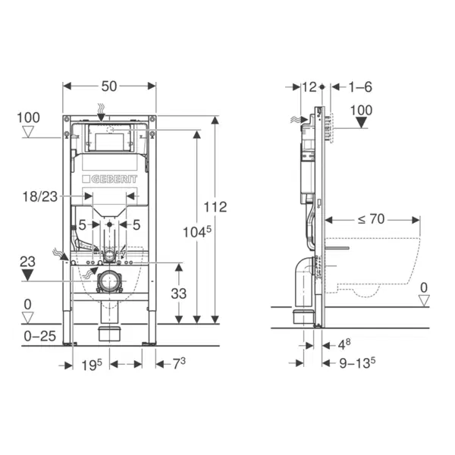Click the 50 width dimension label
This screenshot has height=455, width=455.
[x=109, y=86]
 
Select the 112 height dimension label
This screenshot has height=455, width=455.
[x=215, y=207]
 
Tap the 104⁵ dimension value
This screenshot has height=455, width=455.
[x=197, y=232]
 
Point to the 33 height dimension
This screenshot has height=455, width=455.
[x=178, y=293]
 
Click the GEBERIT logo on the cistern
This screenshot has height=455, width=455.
[x=110, y=179]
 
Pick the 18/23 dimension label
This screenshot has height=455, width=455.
[x=40, y=196]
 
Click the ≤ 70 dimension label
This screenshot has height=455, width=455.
[x=371, y=219]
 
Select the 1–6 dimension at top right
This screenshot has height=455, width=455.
[x=360, y=87]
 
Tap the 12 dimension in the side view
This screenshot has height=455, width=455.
[x=309, y=87]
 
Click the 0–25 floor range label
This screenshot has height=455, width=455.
[x=39, y=336]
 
